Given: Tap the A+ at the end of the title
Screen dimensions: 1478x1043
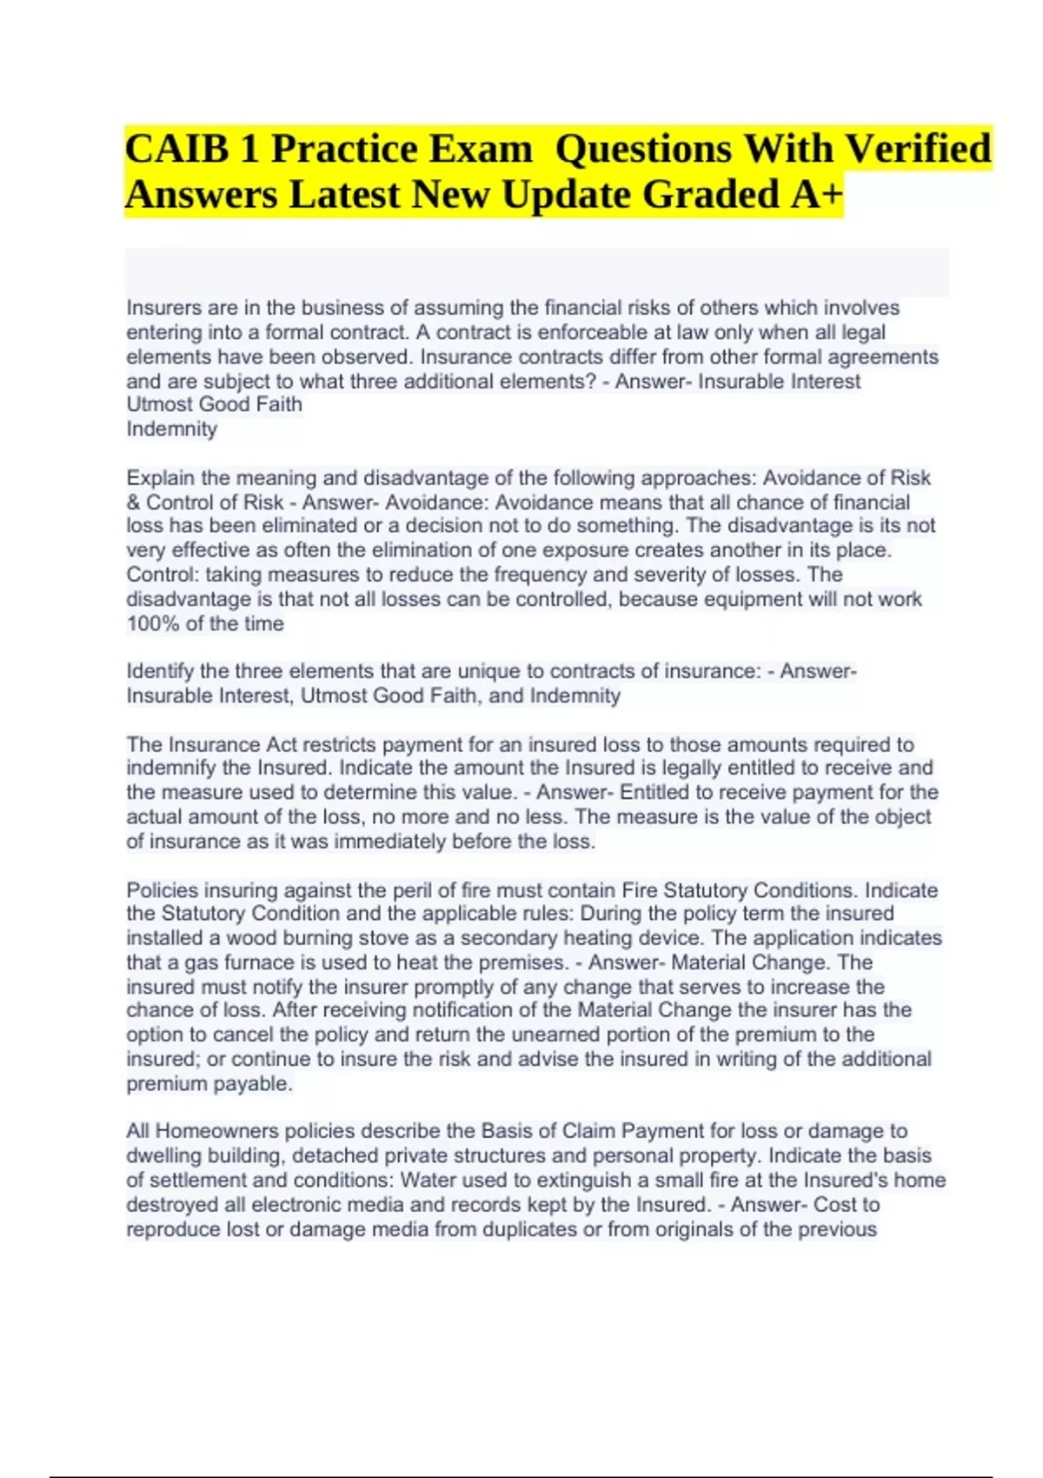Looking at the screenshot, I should click(816, 194).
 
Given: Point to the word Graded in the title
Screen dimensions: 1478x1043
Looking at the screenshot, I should click(712, 194).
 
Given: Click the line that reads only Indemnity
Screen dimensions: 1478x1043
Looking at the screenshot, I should click(172, 429).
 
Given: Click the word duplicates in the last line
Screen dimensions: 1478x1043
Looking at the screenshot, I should click(532, 1229).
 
